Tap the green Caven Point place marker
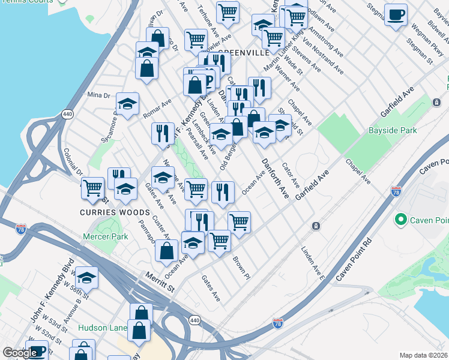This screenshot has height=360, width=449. click(x=401, y=220)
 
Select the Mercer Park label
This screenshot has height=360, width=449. click(x=106, y=236)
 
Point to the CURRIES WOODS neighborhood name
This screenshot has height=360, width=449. click(x=115, y=212)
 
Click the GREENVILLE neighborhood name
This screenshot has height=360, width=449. click(x=244, y=53)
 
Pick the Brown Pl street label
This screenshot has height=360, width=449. click(x=240, y=269)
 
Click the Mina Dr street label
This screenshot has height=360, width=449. click(x=99, y=95)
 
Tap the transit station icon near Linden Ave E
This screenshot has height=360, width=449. click(x=315, y=226)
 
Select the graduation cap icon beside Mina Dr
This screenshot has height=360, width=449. click(x=127, y=104)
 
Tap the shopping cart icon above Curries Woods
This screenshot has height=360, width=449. click(x=92, y=187)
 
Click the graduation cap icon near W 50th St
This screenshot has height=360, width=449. click(x=86, y=277)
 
